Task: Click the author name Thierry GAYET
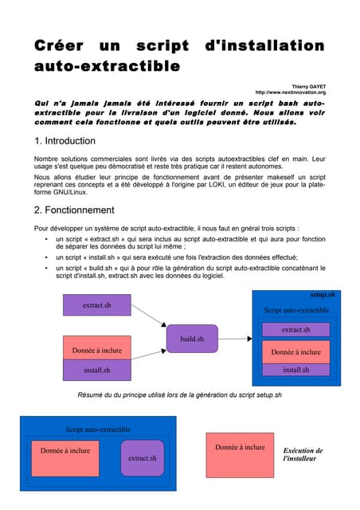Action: pos(308,84)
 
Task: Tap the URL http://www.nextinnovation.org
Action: pos(290,92)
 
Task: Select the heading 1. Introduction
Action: pos(65,141)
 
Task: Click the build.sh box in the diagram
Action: pos(192,339)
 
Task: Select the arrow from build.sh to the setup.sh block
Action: pos(234,339)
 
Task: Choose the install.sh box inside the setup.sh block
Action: pos(295,369)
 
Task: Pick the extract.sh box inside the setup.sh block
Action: pos(295,329)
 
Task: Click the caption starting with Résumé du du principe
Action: pos(179,395)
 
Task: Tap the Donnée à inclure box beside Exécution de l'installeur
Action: pos(240,448)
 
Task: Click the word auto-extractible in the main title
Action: pos(108,66)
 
